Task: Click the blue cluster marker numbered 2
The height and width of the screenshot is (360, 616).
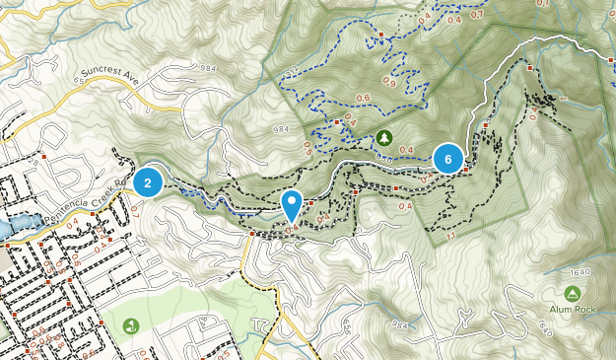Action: coord(148,181)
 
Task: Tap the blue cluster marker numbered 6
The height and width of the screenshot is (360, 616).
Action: coord(448,158)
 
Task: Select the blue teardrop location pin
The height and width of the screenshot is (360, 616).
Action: coord(292,204)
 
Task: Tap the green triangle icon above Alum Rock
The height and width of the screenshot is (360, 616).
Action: coord(573,293)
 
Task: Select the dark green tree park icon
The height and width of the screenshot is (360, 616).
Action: coord(384,136)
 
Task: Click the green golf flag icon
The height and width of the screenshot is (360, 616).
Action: coord(130,325)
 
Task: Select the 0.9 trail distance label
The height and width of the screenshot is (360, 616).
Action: coord(388,83)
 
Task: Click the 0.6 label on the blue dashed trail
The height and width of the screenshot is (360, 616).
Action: coord(363,98)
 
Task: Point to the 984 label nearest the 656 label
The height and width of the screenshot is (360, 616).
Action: coord(399,324)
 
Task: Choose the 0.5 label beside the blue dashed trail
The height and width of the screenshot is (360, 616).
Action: coord(307,148)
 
